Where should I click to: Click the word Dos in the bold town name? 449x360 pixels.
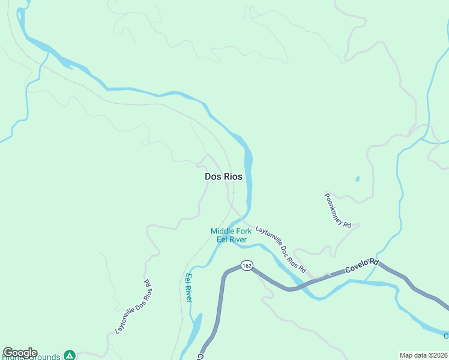click(213, 176)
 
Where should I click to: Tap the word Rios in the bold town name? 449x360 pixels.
click(233, 176)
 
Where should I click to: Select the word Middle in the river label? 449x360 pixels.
click(223, 231)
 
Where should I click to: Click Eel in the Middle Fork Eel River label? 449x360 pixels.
click(223, 239)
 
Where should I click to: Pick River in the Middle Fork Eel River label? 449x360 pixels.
click(238, 239)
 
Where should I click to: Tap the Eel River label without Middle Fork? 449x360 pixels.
click(188, 287)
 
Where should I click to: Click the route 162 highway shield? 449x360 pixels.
click(246, 265)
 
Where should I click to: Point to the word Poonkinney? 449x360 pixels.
click(334, 207)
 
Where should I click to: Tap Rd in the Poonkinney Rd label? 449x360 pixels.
click(346, 223)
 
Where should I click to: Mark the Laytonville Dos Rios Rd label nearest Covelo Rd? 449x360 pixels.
click(281, 248)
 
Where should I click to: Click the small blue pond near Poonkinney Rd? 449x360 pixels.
click(358, 178)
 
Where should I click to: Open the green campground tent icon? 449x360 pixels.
click(70, 355)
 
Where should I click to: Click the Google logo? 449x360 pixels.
click(19, 353)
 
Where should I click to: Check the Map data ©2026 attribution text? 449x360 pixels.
click(423, 355)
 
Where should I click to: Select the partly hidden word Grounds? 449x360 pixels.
click(44, 357)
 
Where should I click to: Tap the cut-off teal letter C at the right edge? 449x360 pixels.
click(446, 336)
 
